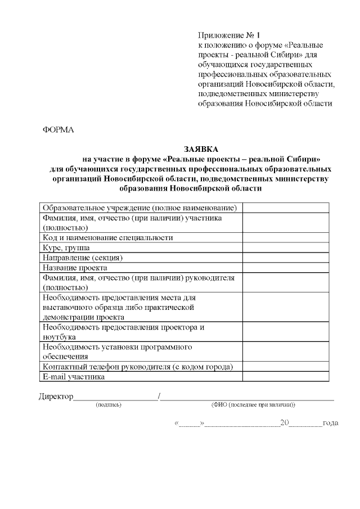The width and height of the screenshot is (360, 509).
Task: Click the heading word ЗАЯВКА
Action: point(201,148)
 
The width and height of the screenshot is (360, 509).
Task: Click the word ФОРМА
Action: point(58,130)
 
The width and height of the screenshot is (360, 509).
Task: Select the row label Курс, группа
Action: point(66,247)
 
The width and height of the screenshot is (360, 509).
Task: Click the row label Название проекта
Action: point(75,268)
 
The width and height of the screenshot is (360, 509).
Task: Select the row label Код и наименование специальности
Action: point(107,237)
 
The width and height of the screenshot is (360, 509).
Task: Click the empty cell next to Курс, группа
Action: point(285,247)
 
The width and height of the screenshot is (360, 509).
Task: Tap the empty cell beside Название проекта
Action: point(285,268)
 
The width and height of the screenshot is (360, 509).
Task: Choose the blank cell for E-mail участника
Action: point(285,377)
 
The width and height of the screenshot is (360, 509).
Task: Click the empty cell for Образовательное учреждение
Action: point(285,208)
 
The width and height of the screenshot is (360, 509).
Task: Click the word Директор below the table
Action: point(56,397)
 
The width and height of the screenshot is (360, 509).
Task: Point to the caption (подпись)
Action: point(109,404)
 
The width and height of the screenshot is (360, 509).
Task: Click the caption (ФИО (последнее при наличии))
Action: point(253,404)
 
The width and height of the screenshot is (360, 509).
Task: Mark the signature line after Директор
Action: point(116,398)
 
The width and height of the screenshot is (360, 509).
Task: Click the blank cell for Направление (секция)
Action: point(285,258)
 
